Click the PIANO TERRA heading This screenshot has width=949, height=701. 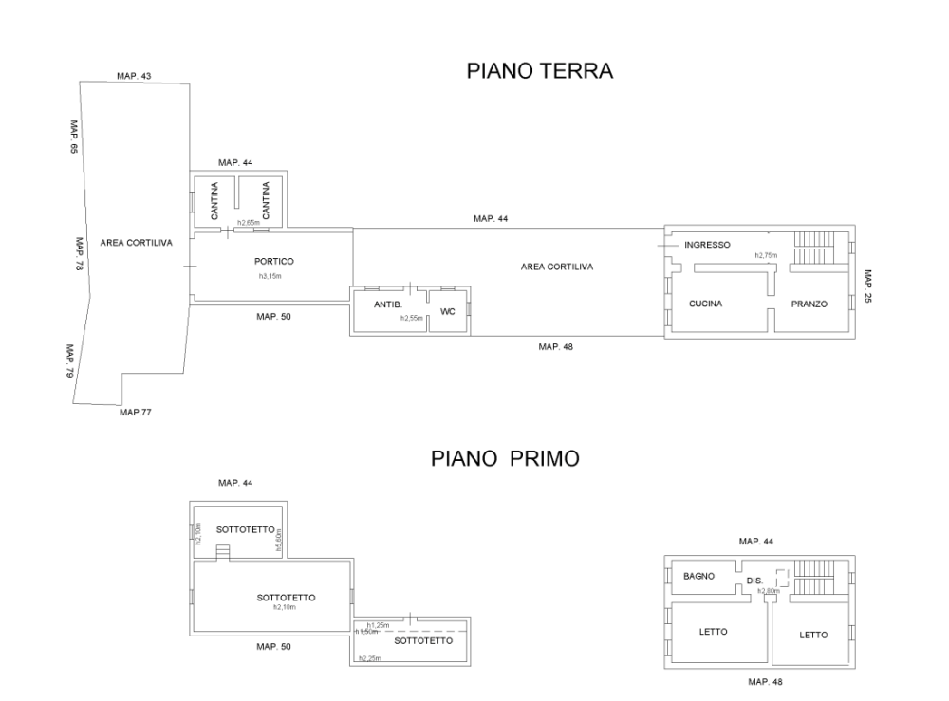click(x=539, y=71)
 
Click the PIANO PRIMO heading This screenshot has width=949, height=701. click(x=505, y=459)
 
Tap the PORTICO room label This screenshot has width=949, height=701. click(x=273, y=262)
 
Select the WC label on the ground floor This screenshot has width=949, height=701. click(x=448, y=311)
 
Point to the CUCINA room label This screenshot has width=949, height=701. click(x=706, y=304)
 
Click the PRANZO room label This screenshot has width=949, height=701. click(x=810, y=304)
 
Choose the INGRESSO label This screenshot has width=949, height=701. click(x=708, y=245)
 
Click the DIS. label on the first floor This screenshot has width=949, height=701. click(x=755, y=580)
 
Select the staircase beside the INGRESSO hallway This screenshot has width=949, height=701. click(x=812, y=247)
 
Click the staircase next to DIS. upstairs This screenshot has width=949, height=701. click(x=812, y=577)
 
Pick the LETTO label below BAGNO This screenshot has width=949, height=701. click(x=713, y=632)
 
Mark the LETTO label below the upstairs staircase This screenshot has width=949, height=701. click(x=814, y=635)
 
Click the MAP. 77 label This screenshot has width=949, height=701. click(x=136, y=412)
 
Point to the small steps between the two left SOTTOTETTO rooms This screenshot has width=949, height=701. click(x=223, y=552)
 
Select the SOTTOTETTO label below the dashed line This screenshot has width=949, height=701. click(x=429, y=641)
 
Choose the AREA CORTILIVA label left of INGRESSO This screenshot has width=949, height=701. click(x=543, y=267)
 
